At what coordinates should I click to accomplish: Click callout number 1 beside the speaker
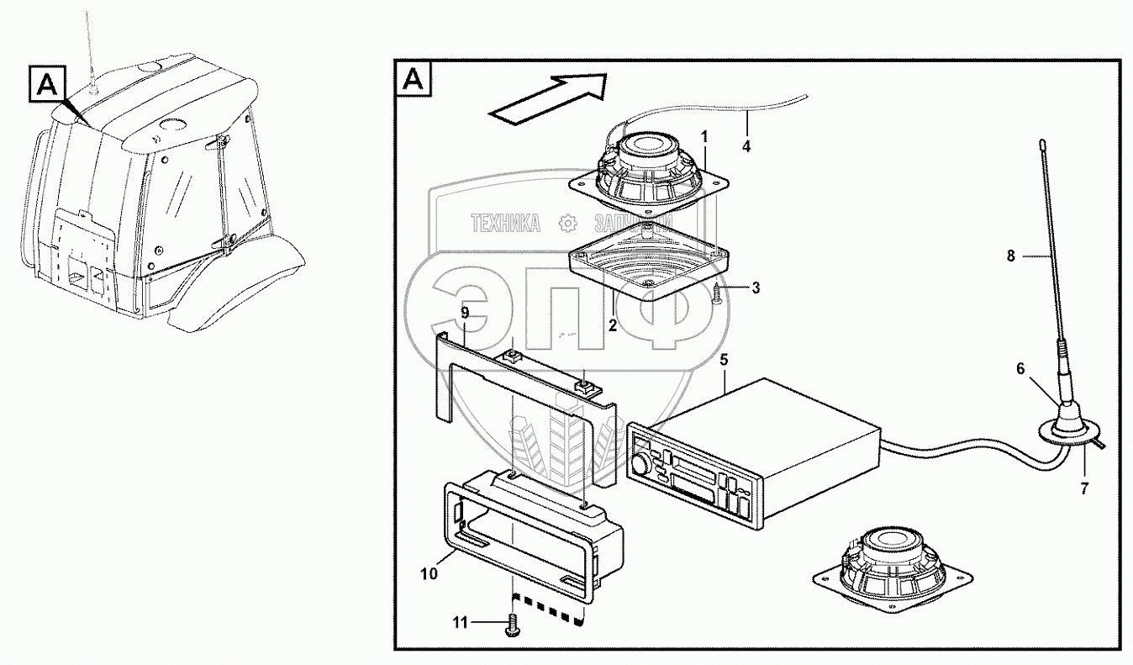[x=704, y=135]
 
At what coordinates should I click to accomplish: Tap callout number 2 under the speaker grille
[x=613, y=325]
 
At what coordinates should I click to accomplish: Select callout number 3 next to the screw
[x=756, y=288]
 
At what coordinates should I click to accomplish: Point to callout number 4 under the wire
[x=746, y=145]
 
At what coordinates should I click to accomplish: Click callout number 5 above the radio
[x=724, y=361]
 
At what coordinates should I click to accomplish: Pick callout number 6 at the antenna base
[x=1020, y=369]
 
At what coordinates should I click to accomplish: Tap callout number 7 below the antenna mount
[x=1083, y=488]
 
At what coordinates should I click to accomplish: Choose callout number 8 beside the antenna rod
[x=1011, y=256]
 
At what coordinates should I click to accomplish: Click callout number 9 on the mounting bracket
[x=464, y=313]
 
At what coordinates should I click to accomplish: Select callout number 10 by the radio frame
[x=429, y=575]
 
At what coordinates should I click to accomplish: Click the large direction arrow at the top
[x=547, y=98]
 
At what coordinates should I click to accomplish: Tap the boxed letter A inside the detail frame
[x=414, y=80]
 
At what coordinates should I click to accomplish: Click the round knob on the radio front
[x=643, y=463]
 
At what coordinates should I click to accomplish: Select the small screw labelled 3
[x=717, y=293]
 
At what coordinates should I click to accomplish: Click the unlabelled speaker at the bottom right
[x=893, y=566]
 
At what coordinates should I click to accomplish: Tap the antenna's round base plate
[x=1054, y=430]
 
